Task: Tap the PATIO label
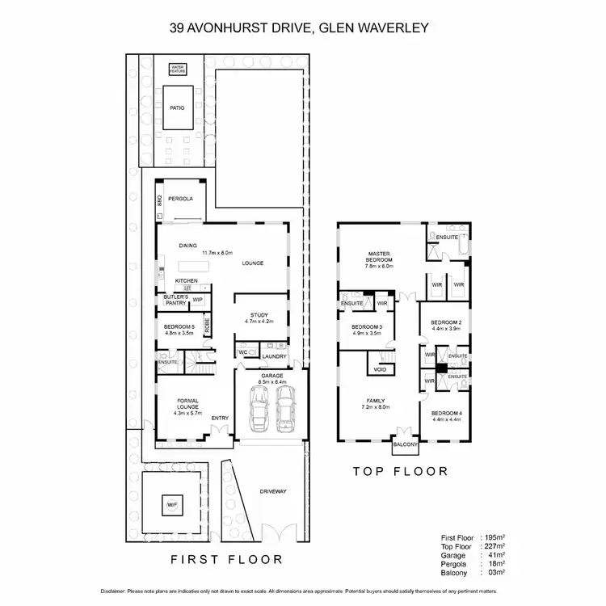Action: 178,107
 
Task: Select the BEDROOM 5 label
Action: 178,326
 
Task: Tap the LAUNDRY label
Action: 275,356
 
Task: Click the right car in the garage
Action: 285,407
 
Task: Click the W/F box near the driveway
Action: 171,506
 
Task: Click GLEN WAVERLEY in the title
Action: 372,28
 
